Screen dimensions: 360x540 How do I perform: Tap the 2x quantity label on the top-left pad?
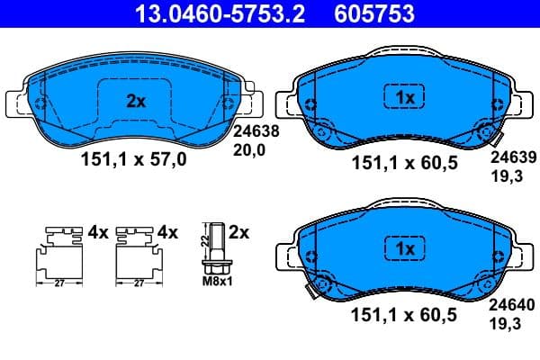tap(135, 102)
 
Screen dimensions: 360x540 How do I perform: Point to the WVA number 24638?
tap(256, 130)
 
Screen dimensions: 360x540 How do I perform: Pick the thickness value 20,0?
tap(250, 151)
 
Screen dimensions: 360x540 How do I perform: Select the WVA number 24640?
tap(510, 305)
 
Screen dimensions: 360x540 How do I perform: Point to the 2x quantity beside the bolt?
tap(238, 232)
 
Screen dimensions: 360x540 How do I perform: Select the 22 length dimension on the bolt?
tap(202, 238)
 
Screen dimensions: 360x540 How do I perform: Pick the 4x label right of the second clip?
tap(168, 232)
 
